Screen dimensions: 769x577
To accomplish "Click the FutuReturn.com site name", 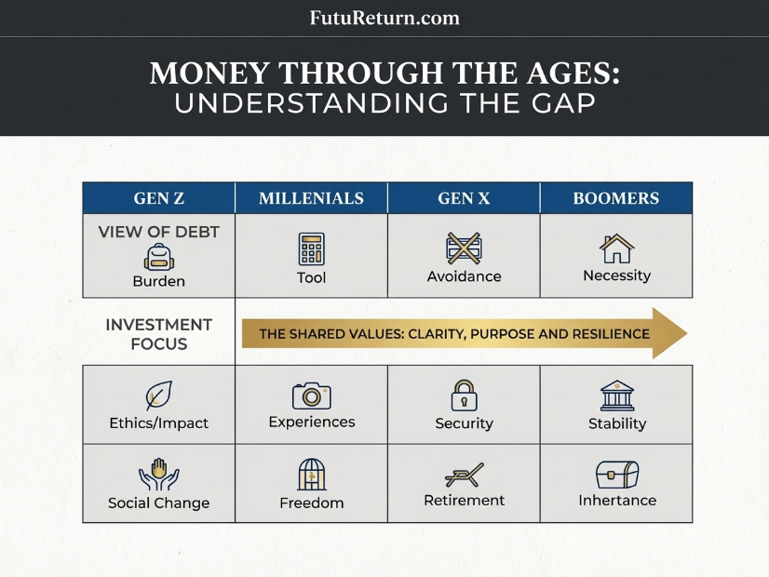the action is point(384,18).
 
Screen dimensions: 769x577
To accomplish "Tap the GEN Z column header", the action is point(159,198).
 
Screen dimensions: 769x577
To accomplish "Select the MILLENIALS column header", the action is point(312,198).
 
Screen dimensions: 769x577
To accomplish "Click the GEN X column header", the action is point(464,198).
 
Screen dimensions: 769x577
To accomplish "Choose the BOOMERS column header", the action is point(616,198).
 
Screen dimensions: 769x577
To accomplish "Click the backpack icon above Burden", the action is point(159,257).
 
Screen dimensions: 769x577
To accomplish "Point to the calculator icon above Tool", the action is point(312,249).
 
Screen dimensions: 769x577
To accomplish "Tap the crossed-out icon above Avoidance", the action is point(464,248).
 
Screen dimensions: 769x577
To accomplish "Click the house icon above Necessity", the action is point(617,248).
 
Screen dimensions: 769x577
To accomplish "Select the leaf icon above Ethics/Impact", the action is point(159,396).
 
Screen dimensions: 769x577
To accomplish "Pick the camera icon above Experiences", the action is point(312,396).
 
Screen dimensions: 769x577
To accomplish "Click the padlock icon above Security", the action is point(464,396).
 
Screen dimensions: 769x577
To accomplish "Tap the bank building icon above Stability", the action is point(617,396).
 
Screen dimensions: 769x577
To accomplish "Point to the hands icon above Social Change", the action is point(159,475).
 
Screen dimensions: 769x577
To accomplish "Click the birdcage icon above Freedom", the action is point(312,474).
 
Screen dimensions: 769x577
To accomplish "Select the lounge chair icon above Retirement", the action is point(464,475).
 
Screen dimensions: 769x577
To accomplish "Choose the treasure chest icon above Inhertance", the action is point(617,474).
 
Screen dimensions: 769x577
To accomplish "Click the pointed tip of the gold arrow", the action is point(687,333).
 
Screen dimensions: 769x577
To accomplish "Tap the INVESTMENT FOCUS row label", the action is point(159,334).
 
